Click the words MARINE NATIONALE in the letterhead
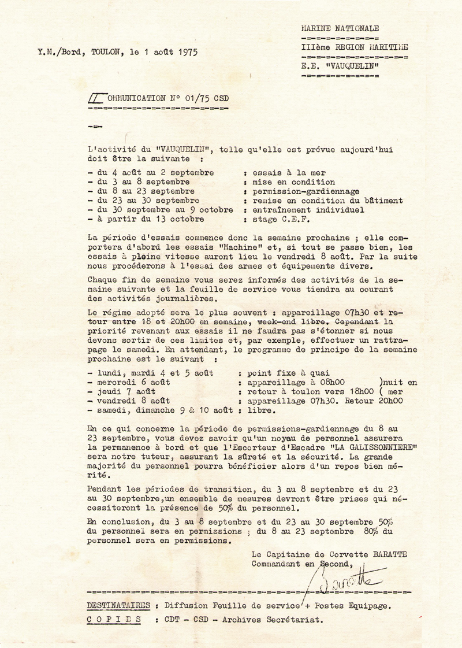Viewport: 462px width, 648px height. tap(340, 28)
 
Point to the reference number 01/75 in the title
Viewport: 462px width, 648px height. tap(195, 98)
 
